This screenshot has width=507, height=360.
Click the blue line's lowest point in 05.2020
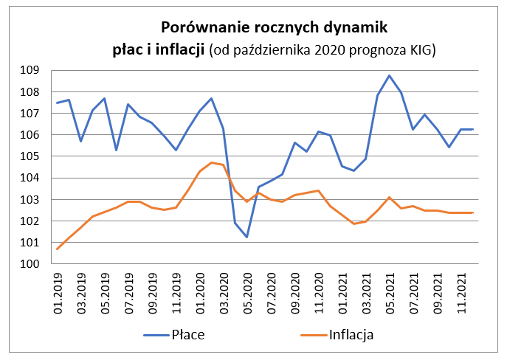point(246,237)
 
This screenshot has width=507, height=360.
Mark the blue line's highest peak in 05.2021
point(389,75)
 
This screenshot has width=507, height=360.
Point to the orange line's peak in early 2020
point(211,162)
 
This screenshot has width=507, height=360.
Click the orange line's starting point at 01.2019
point(58,249)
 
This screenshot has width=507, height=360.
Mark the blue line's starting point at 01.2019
point(58,103)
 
